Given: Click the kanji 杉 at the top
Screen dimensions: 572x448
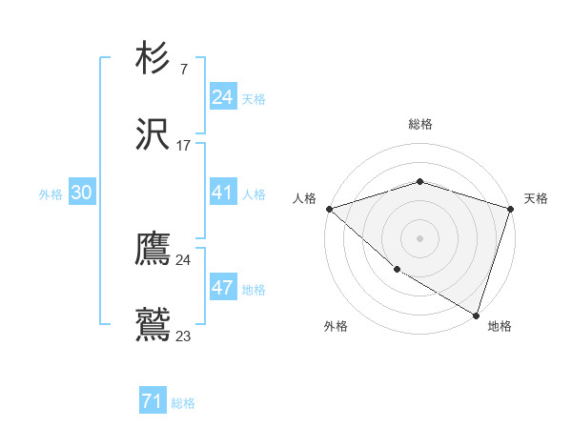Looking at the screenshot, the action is tap(153, 59).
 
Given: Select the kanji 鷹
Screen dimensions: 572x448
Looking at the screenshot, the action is tap(153, 249).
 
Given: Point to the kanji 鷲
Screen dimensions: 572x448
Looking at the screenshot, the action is tap(153, 323).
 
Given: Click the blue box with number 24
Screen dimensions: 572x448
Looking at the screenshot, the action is tap(222, 97).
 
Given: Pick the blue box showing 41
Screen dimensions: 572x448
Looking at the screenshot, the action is tap(222, 193).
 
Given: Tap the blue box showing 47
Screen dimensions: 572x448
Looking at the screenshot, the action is tap(222, 289).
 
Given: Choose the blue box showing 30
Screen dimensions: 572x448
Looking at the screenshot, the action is tap(82, 193).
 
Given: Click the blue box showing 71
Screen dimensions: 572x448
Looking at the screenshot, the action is tap(153, 402).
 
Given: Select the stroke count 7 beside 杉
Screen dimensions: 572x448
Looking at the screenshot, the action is tap(183, 70).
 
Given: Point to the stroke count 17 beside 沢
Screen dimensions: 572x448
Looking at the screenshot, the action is tap(183, 146).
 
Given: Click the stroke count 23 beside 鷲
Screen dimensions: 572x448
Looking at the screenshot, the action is tap(183, 336).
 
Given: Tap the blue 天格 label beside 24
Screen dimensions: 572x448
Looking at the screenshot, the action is tap(254, 99).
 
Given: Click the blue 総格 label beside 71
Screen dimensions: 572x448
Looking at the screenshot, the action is tap(183, 403).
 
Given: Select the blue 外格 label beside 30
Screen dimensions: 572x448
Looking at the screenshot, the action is tap(51, 194).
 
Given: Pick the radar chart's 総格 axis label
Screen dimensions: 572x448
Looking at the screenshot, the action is tap(419, 124).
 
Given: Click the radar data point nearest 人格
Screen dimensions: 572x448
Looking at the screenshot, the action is tap(329, 209).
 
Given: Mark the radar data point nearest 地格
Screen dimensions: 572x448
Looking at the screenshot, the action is tap(475, 315).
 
